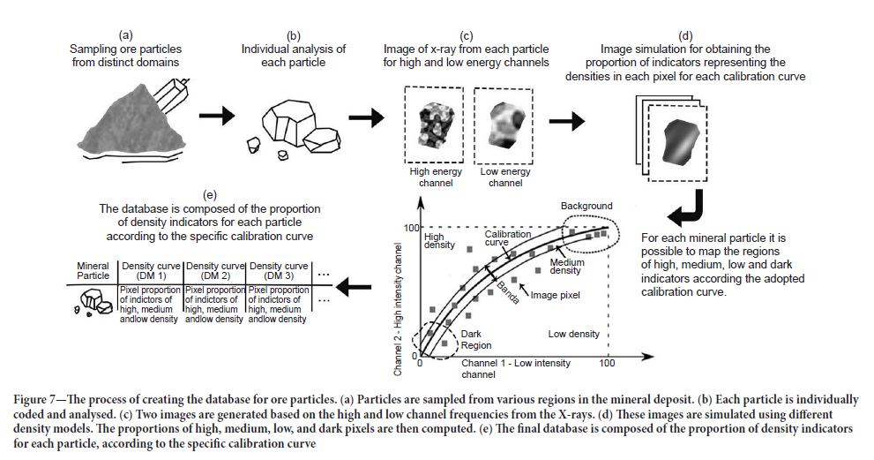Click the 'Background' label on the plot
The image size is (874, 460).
pyautogui.click(x=586, y=206)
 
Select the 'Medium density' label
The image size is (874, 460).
pyautogui.click(x=568, y=267)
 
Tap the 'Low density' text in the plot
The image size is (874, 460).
pyautogui.click(x=574, y=334)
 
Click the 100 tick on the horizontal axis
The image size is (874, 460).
pyautogui.click(x=607, y=364)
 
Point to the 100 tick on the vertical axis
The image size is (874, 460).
pyautogui.click(x=409, y=229)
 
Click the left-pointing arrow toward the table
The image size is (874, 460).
pyautogui.click(x=355, y=285)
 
